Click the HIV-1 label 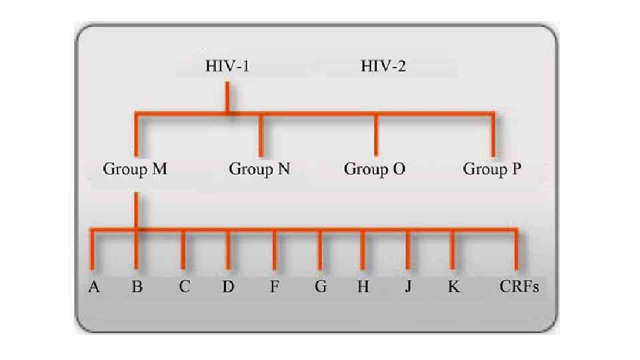click(x=227, y=66)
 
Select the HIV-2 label click(x=383, y=66)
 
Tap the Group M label click(x=135, y=169)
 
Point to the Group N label click(x=259, y=169)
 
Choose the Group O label click(x=375, y=169)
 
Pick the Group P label click(x=492, y=169)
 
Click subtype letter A click(x=94, y=287)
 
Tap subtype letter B click(x=137, y=287)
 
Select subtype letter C click(x=184, y=287)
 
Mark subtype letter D click(x=229, y=287)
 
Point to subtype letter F click(x=274, y=287)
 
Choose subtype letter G click(x=321, y=287)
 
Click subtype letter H click(x=363, y=287)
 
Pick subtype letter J click(x=407, y=287)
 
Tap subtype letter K click(x=453, y=287)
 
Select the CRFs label click(x=519, y=287)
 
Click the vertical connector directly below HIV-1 click(x=227, y=97)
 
